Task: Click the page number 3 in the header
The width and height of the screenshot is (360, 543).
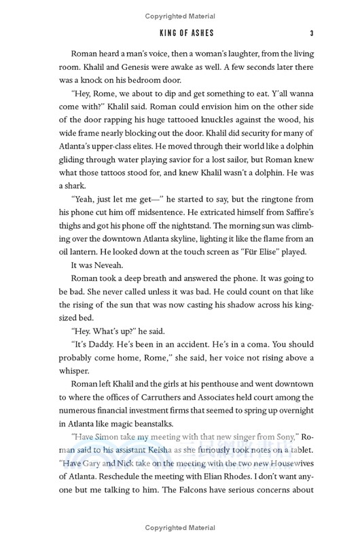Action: pyautogui.click(x=310, y=33)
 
